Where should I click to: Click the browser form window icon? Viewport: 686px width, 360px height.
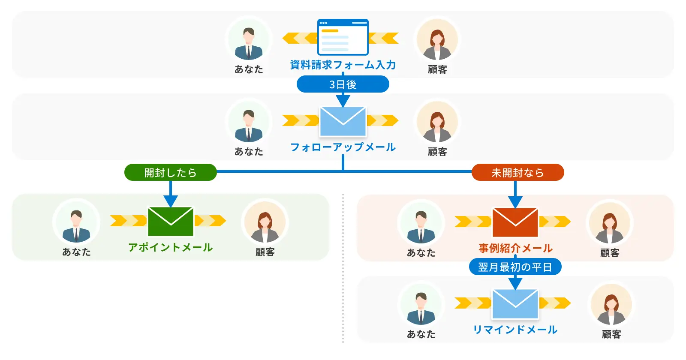coord(343,37)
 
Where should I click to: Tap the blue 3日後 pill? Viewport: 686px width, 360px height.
coord(343,84)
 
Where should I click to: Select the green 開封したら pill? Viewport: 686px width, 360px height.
coord(170,172)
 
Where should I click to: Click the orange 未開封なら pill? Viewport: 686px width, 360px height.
coord(518,172)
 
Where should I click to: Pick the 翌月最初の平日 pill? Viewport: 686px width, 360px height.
coord(515,267)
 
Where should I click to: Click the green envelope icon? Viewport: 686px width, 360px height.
coord(171,222)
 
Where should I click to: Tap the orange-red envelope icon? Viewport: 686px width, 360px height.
coord(515,222)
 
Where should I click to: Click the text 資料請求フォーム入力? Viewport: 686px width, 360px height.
coord(343,65)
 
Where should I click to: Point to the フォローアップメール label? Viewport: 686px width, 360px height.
coord(343,147)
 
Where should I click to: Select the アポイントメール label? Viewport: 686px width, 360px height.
coord(170,247)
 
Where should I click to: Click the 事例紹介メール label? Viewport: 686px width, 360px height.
coord(515,248)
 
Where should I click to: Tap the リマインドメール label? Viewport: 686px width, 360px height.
coord(515,330)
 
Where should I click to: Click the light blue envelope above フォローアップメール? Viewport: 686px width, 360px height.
coord(343,121)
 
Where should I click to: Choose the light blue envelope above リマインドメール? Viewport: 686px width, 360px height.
coord(515,304)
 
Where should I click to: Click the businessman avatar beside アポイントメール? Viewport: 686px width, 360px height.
coord(76,222)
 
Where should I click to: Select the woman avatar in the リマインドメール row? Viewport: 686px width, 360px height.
coord(611,305)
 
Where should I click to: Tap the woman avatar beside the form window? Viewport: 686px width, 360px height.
coord(437,40)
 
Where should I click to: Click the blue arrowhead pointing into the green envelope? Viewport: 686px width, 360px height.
coord(171,201)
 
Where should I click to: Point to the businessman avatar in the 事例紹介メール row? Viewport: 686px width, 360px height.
coord(421,223)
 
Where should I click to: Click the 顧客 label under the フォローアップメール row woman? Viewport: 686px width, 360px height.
coord(437,152)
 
